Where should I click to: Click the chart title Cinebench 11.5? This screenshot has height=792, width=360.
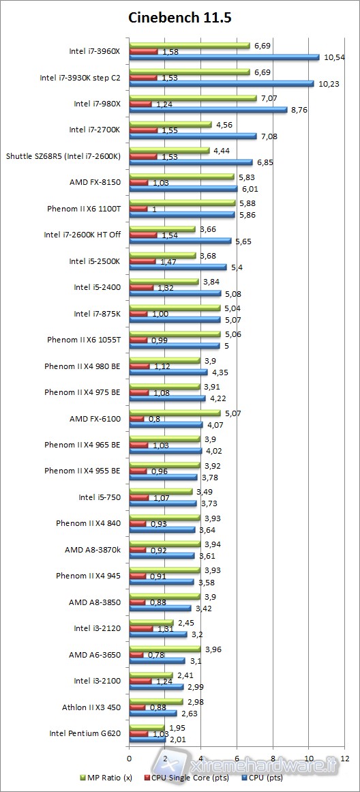coord(180,18)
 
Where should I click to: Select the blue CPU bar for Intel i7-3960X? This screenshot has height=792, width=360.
coord(224,57)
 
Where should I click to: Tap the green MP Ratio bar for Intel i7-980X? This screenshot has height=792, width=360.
coord(192,98)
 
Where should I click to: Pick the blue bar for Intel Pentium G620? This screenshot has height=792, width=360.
coord(147,739)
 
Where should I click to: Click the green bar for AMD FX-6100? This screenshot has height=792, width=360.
coord(174,412)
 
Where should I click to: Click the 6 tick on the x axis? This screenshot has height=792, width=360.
coord(237,758)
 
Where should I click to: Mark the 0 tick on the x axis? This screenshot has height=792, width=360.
coord(129,758)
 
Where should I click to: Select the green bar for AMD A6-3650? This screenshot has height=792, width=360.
coord(164,648)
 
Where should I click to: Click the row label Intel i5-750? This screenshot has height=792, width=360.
coord(100,497)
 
